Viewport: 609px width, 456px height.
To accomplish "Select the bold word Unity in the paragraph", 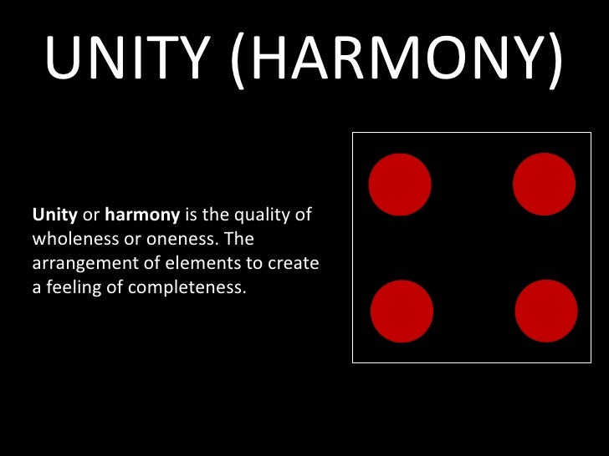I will (54, 215).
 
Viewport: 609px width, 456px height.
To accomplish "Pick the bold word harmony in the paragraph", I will (142, 215).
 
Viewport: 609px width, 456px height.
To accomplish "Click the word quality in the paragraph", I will (259, 215).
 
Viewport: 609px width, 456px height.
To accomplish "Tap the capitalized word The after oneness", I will (238, 241).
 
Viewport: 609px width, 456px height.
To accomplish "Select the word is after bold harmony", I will (190, 215).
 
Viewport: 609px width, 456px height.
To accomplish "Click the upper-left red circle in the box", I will (400, 185).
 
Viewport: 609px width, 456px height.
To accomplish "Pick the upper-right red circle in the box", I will (544, 185).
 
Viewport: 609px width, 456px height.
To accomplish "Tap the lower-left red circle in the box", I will (402, 312).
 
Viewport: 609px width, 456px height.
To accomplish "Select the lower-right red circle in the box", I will (546, 312).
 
